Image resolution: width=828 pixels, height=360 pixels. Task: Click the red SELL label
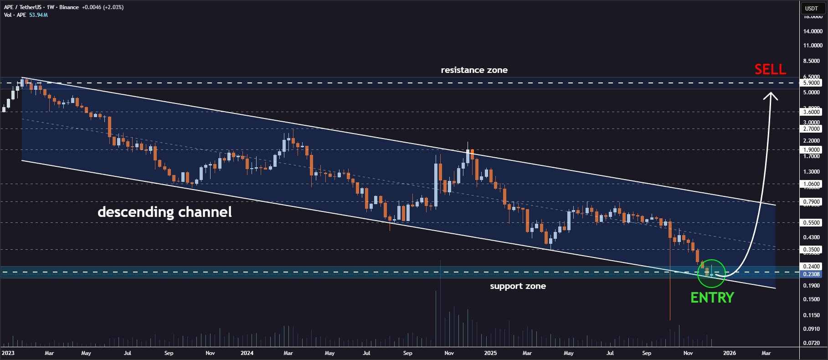point(770,69)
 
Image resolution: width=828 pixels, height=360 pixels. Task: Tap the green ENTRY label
point(712,298)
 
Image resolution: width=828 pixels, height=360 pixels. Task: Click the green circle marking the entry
point(711,273)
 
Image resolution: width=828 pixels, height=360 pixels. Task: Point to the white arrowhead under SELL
point(771,96)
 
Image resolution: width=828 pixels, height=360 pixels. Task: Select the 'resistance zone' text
point(474,70)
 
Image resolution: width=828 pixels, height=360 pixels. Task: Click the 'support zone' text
point(518,286)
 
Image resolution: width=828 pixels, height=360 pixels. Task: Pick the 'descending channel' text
point(165,212)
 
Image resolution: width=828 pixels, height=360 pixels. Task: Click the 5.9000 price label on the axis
point(812,83)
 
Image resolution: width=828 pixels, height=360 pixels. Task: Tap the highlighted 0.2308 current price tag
point(811,274)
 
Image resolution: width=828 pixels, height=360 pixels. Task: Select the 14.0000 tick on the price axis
point(813,31)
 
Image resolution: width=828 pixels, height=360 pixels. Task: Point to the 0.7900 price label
point(812,202)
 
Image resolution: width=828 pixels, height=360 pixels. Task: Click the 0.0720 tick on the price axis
point(811,343)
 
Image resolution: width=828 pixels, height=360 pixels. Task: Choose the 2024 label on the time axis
point(247,353)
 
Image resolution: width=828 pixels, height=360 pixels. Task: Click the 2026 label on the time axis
point(729,353)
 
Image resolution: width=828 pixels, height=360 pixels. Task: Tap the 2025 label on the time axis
point(490,353)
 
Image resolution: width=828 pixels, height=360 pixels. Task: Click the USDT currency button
point(812,8)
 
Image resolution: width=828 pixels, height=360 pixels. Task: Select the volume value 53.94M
point(39,15)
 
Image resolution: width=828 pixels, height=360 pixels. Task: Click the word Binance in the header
point(69,7)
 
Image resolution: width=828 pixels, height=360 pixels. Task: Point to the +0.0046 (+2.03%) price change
point(103,7)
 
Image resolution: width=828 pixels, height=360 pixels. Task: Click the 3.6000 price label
point(812,112)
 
